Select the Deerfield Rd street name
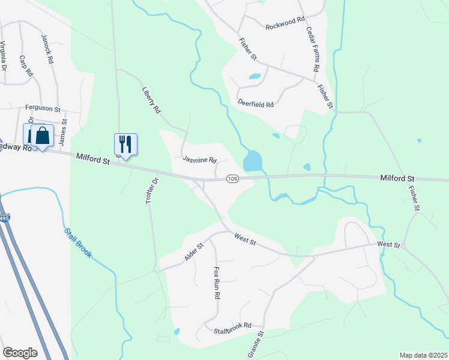click(256, 104)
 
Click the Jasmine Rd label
click(199, 160)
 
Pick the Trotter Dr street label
click(151, 191)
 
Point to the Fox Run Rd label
click(217, 283)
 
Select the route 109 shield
click(232, 179)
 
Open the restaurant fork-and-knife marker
click(125, 144)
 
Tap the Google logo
click(19, 352)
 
